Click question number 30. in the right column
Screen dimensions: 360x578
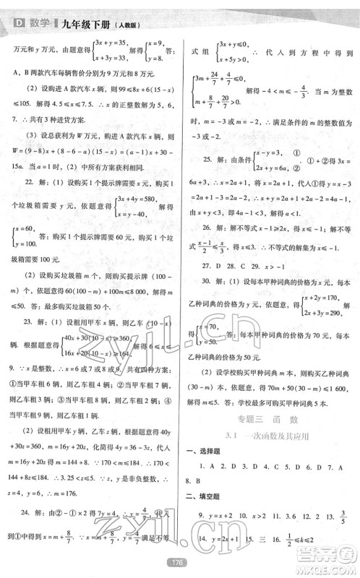pyautogui.click(x=211, y=302)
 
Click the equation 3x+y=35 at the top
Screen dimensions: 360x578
pyautogui.click(x=126, y=43)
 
